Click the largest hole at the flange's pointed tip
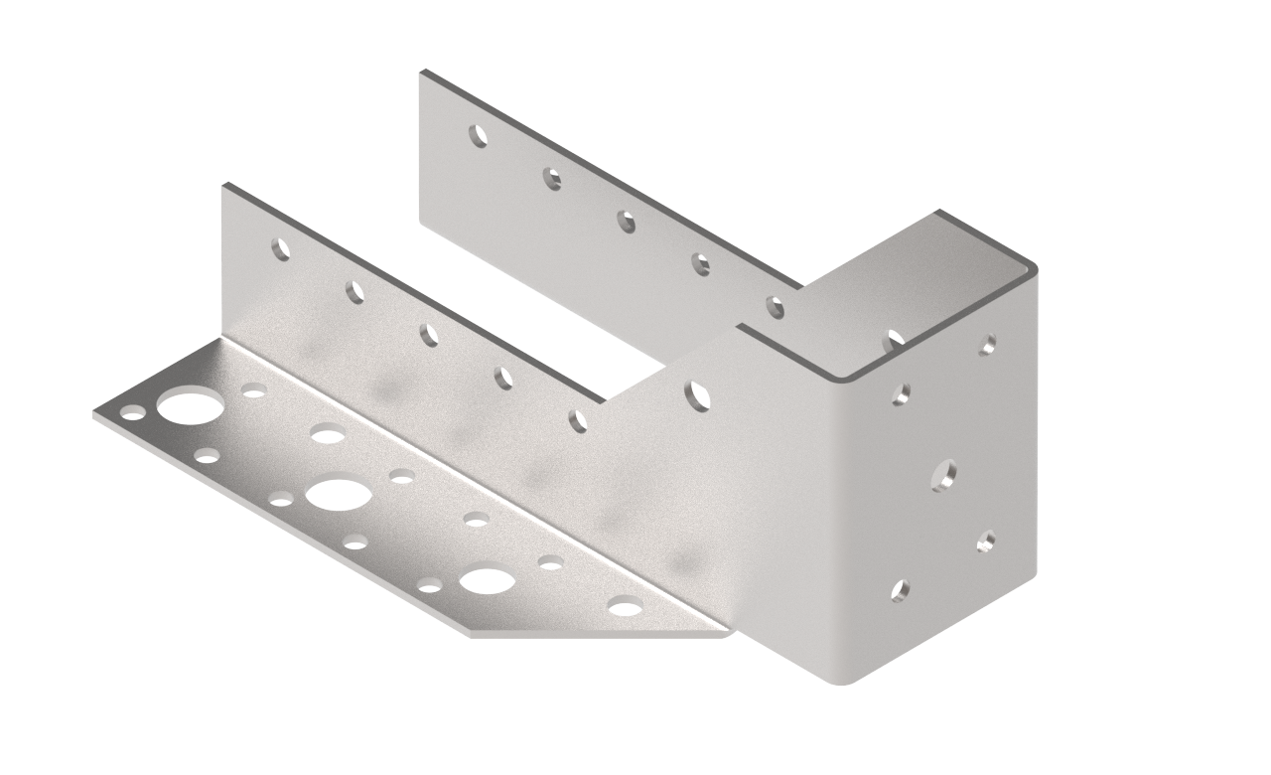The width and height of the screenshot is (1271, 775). click(x=189, y=405)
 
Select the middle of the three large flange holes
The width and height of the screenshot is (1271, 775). click(x=338, y=494)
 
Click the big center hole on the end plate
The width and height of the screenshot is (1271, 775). click(x=944, y=474)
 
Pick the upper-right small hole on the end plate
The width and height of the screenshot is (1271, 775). click(x=988, y=344)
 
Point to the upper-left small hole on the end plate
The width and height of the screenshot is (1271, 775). click(x=901, y=393)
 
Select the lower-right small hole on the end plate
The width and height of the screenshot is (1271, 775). click(x=986, y=541)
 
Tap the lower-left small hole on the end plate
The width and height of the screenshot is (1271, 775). click(x=900, y=591)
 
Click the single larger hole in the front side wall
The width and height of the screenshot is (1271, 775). click(x=698, y=395)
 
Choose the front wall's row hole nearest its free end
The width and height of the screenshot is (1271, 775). click(x=282, y=248)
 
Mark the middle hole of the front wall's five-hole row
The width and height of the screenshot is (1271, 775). click(x=429, y=335)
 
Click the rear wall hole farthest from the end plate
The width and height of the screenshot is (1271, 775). click(x=479, y=135)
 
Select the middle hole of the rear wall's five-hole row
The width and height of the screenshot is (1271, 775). click(x=627, y=222)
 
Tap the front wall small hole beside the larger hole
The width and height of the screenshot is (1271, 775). click(x=578, y=421)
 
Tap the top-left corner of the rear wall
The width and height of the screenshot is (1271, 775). click(x=423, y=73)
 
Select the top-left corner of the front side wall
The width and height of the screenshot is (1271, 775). click(x=225, y=186)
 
